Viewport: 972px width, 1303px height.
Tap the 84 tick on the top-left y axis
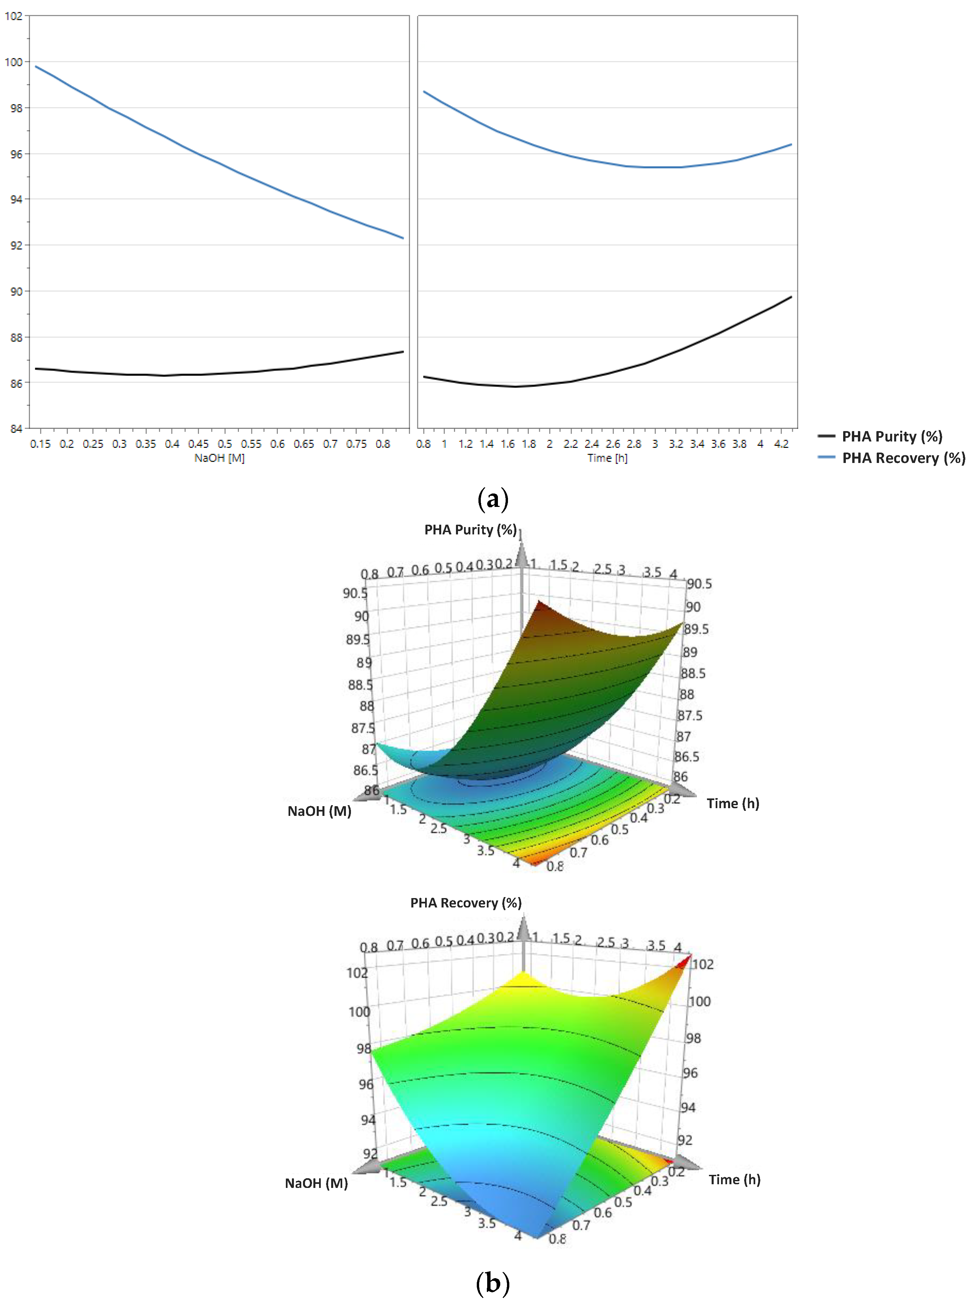(x=15, y=429)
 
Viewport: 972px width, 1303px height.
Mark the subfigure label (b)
(x=493, y=1283)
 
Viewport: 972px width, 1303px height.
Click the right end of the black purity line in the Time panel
(x=791, y=297)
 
